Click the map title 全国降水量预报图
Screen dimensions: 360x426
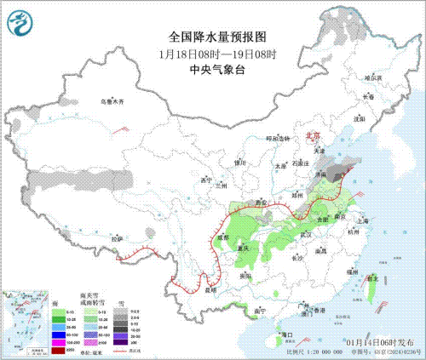click(x=212, y=37)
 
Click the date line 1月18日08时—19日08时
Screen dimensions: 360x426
click(x=212, y=54)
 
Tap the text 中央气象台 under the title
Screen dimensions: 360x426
click(x=212, y=70)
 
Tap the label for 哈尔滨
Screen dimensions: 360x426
click(x=373, y=77)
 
